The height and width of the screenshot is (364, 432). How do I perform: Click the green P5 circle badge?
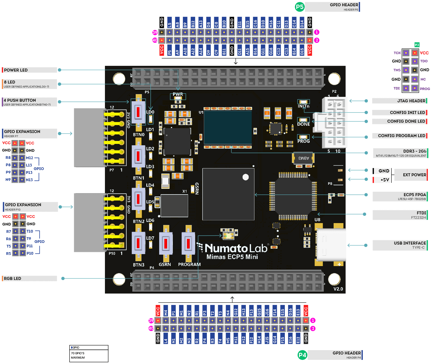coord(300,7)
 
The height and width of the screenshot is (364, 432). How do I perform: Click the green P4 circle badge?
coord(303,355)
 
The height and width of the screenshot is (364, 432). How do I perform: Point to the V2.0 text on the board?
coord(338,289)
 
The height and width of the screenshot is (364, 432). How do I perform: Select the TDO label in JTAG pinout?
coord(424,61)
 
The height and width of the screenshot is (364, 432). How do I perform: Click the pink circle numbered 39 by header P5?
coord(155,32)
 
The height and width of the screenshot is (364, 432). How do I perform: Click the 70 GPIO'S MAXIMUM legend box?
coord(89,354)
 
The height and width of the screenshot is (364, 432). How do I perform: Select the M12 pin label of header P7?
coord(29,158)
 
